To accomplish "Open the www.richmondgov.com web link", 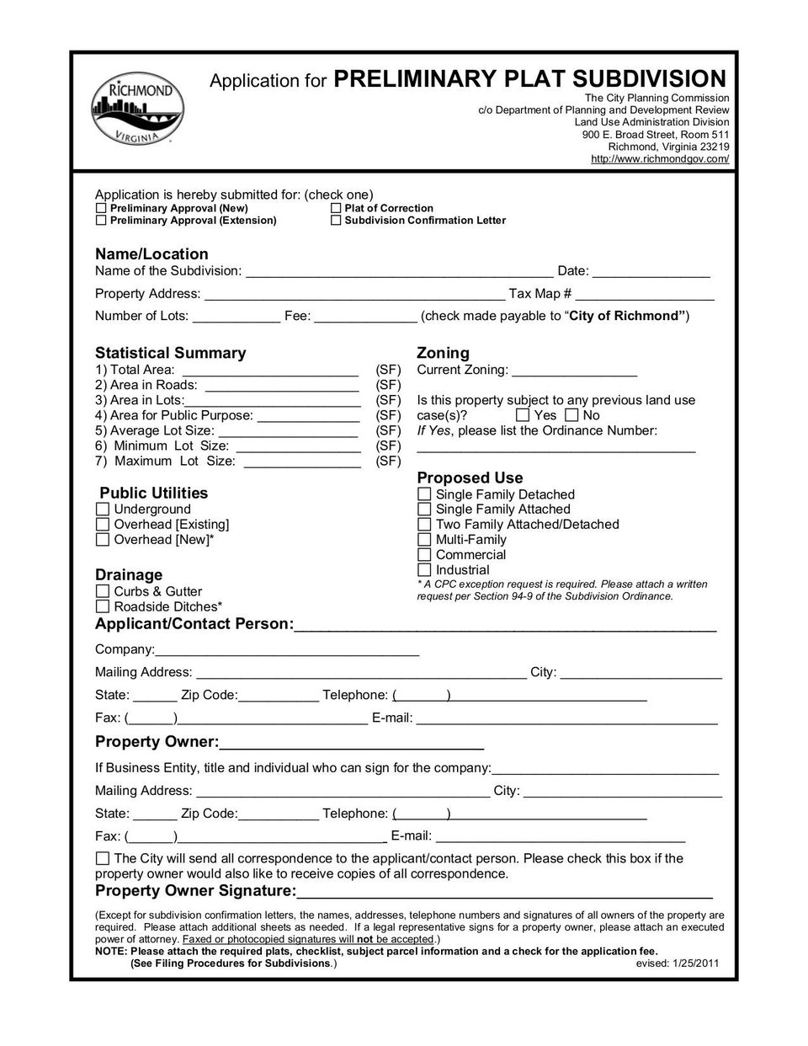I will coord(660,158).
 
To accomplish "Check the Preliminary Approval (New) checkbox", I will coord(101,208).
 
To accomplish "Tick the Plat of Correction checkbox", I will coord(336,208).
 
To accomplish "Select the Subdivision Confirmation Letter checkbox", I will coord(336,221).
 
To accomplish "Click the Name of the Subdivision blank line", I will coord(398,272).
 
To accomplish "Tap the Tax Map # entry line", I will coord(645,295).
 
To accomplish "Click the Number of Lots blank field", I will coord(237,318).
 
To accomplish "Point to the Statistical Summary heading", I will coord(170,353).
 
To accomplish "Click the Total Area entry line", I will coord(270,371).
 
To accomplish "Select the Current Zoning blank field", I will coord(574,371).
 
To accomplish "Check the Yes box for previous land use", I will coord(523,415).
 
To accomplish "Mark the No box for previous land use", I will coord(572,415).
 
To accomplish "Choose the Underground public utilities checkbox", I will coord(103,510).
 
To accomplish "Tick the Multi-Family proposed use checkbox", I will coord(424,540).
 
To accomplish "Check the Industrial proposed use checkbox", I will coord(424,570).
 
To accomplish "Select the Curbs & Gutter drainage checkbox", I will coord(103,591).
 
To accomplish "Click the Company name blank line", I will coord(287,650).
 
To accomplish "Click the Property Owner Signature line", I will coord(504,892).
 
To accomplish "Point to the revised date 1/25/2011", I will coord(678,963).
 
